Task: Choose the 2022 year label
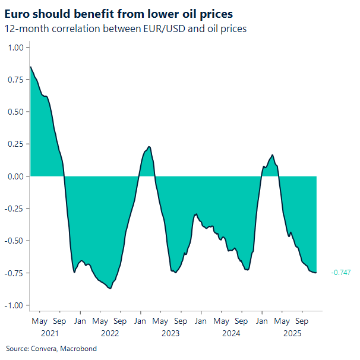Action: tap(110, 333)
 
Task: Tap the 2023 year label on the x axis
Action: tap(170, 333)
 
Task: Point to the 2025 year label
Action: tap(292, 333)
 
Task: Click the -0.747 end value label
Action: tap(340, 272)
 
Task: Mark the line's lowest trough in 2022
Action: tap(110, 288)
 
